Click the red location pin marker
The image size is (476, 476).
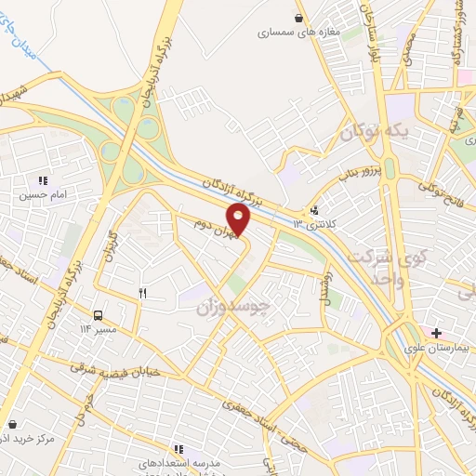click(240, 219)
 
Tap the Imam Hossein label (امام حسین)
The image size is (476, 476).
click(42, 195)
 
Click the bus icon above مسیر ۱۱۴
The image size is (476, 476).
click(99, 313)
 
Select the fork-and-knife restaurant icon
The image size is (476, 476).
click(142, 293)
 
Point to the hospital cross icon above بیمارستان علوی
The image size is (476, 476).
click(437, 333)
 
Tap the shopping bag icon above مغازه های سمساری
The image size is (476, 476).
click(297, 17)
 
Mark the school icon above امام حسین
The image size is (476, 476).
click(42, 180)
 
